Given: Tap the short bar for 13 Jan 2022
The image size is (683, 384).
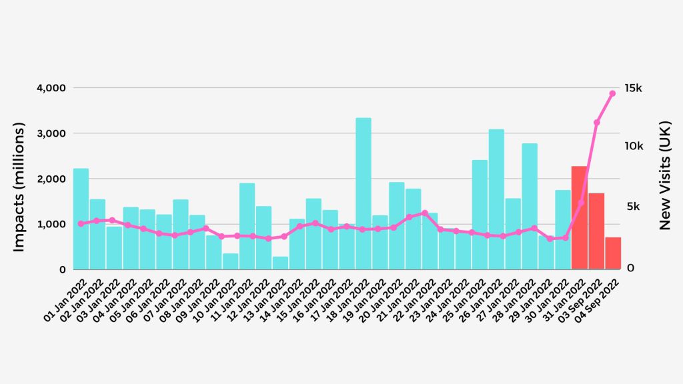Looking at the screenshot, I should (x=280, y=263).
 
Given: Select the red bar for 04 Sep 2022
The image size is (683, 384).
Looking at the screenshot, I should (x=613, y=253).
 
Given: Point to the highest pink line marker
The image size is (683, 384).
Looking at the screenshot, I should (x=612, y=93).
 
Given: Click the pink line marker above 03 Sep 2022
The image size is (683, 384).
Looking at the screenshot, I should (x=596, y=123).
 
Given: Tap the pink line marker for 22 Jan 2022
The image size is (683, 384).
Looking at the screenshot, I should (x=425, y=213).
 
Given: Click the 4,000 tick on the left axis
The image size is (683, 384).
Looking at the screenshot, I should (x=50, y=88).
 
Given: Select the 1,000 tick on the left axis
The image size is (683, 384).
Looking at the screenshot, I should (x=50, y=225).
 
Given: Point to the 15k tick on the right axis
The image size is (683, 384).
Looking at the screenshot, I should (x=632, y=88).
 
